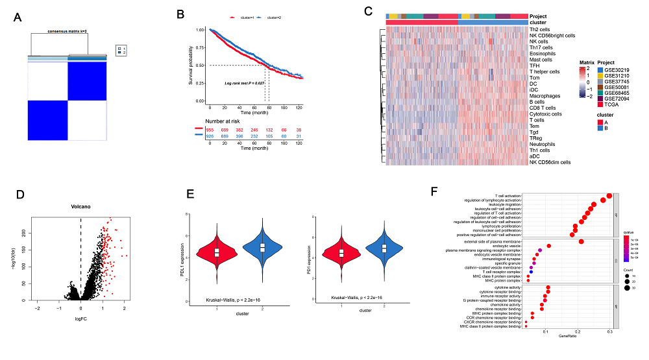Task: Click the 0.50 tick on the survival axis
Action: [x=200, y=66]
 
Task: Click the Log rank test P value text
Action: [x=243, y=82]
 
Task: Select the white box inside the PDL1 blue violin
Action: [x=262, y=247]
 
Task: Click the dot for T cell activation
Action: [x=609, y=196]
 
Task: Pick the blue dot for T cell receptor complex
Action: [x=531, y=272]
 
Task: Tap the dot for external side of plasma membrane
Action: [x=581, y=241]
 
